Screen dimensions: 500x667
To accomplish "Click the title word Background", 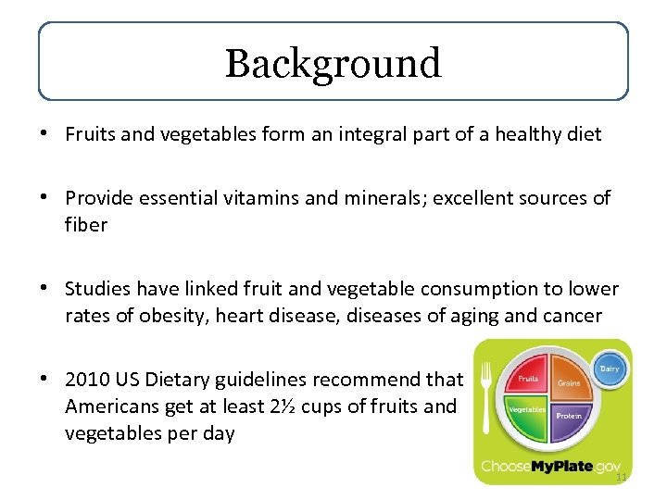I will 333,63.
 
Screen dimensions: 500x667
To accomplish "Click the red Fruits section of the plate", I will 530,379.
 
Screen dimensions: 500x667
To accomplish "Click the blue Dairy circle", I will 608,368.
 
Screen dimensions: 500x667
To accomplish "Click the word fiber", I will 86,225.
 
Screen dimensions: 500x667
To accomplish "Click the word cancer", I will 573,317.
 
